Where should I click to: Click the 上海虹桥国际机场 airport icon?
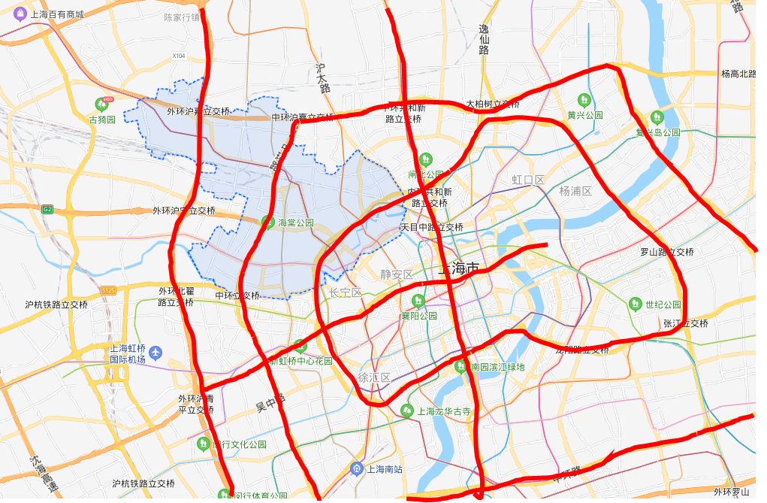click(156, 352)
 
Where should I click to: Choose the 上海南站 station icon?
click(357, 469)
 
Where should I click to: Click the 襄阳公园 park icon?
click(418, 300)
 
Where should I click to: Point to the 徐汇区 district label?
click(373, 377)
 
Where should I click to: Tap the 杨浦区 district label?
click(575, 191)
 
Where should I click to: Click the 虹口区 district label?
click(527, 180)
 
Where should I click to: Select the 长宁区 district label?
click(346, 292)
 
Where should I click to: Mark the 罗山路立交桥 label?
click(666, 252)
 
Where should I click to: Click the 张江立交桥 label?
click(685, 323)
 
